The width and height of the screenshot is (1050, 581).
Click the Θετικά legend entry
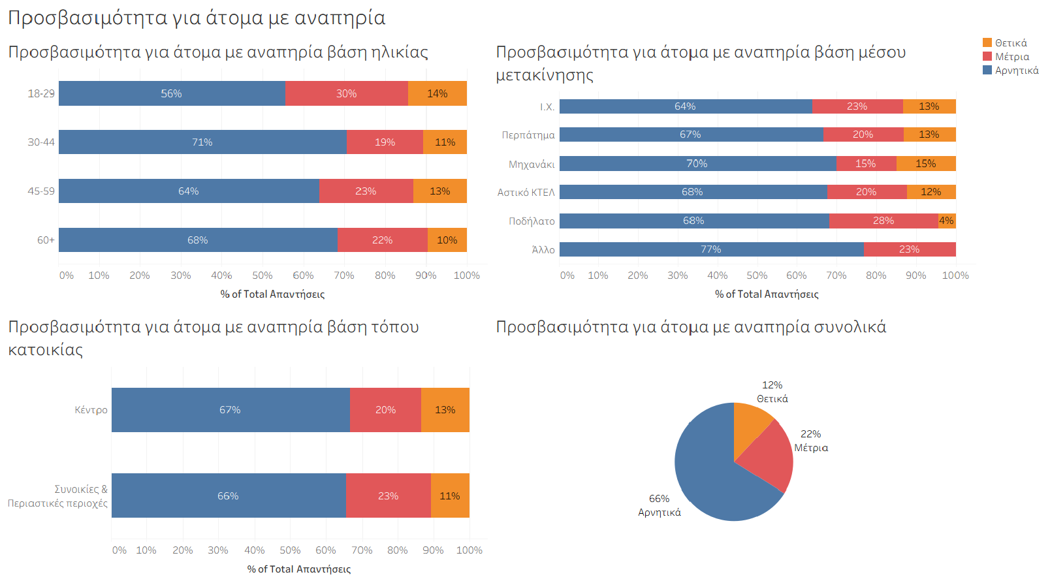pos(1010,43)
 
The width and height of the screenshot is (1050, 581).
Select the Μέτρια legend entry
pos(1011,57)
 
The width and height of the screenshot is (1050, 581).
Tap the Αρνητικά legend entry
pos(1016,71)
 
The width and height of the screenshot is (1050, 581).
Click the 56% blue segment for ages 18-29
pos(172,93)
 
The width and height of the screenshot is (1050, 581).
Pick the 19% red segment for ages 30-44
pos(385,142)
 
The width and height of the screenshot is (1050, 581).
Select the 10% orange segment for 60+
pos(447,240)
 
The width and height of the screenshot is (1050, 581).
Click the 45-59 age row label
pos(41,191)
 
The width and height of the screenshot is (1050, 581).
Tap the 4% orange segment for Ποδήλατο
pos(947,221)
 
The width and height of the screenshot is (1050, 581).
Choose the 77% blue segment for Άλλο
pos(711,249)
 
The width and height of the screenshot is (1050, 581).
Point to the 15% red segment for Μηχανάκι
pos(866,163)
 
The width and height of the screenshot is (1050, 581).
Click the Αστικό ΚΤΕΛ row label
pos(526,193)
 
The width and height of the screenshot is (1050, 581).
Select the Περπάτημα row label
pos(528,135)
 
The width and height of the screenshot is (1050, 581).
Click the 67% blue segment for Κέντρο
pos(230,410)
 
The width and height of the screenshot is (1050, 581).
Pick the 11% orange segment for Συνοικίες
pos(450,496)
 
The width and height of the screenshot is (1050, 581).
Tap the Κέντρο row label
pos(91,410)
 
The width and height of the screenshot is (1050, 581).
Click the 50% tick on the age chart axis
pos(262,275)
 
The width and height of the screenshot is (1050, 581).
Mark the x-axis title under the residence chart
pos(299,569)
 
